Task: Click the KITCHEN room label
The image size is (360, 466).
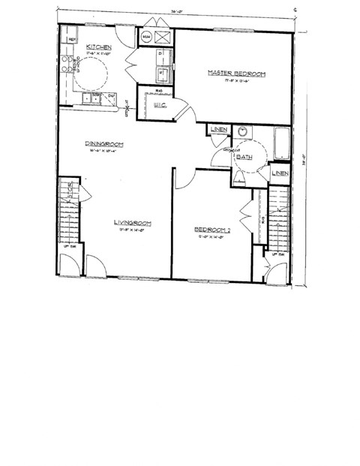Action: pyautogui.click(x=99, y=47)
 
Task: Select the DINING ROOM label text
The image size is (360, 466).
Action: pyautogui.click(x=103, y=144)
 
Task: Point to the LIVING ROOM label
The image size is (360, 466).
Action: pyautogui.click(x=133, y=223)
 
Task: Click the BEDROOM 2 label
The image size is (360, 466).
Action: pyautogui.click(x=212, y=230)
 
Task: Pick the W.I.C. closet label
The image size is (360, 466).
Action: pyautogui.click(x=159, y=107)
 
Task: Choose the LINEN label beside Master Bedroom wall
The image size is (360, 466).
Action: pyautogui.click(x=219, y=131)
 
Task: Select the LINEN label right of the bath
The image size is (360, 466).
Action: pyautogui.click(x=279, y=173)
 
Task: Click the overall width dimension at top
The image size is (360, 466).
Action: pyautogui.click(x=176, y=12)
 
